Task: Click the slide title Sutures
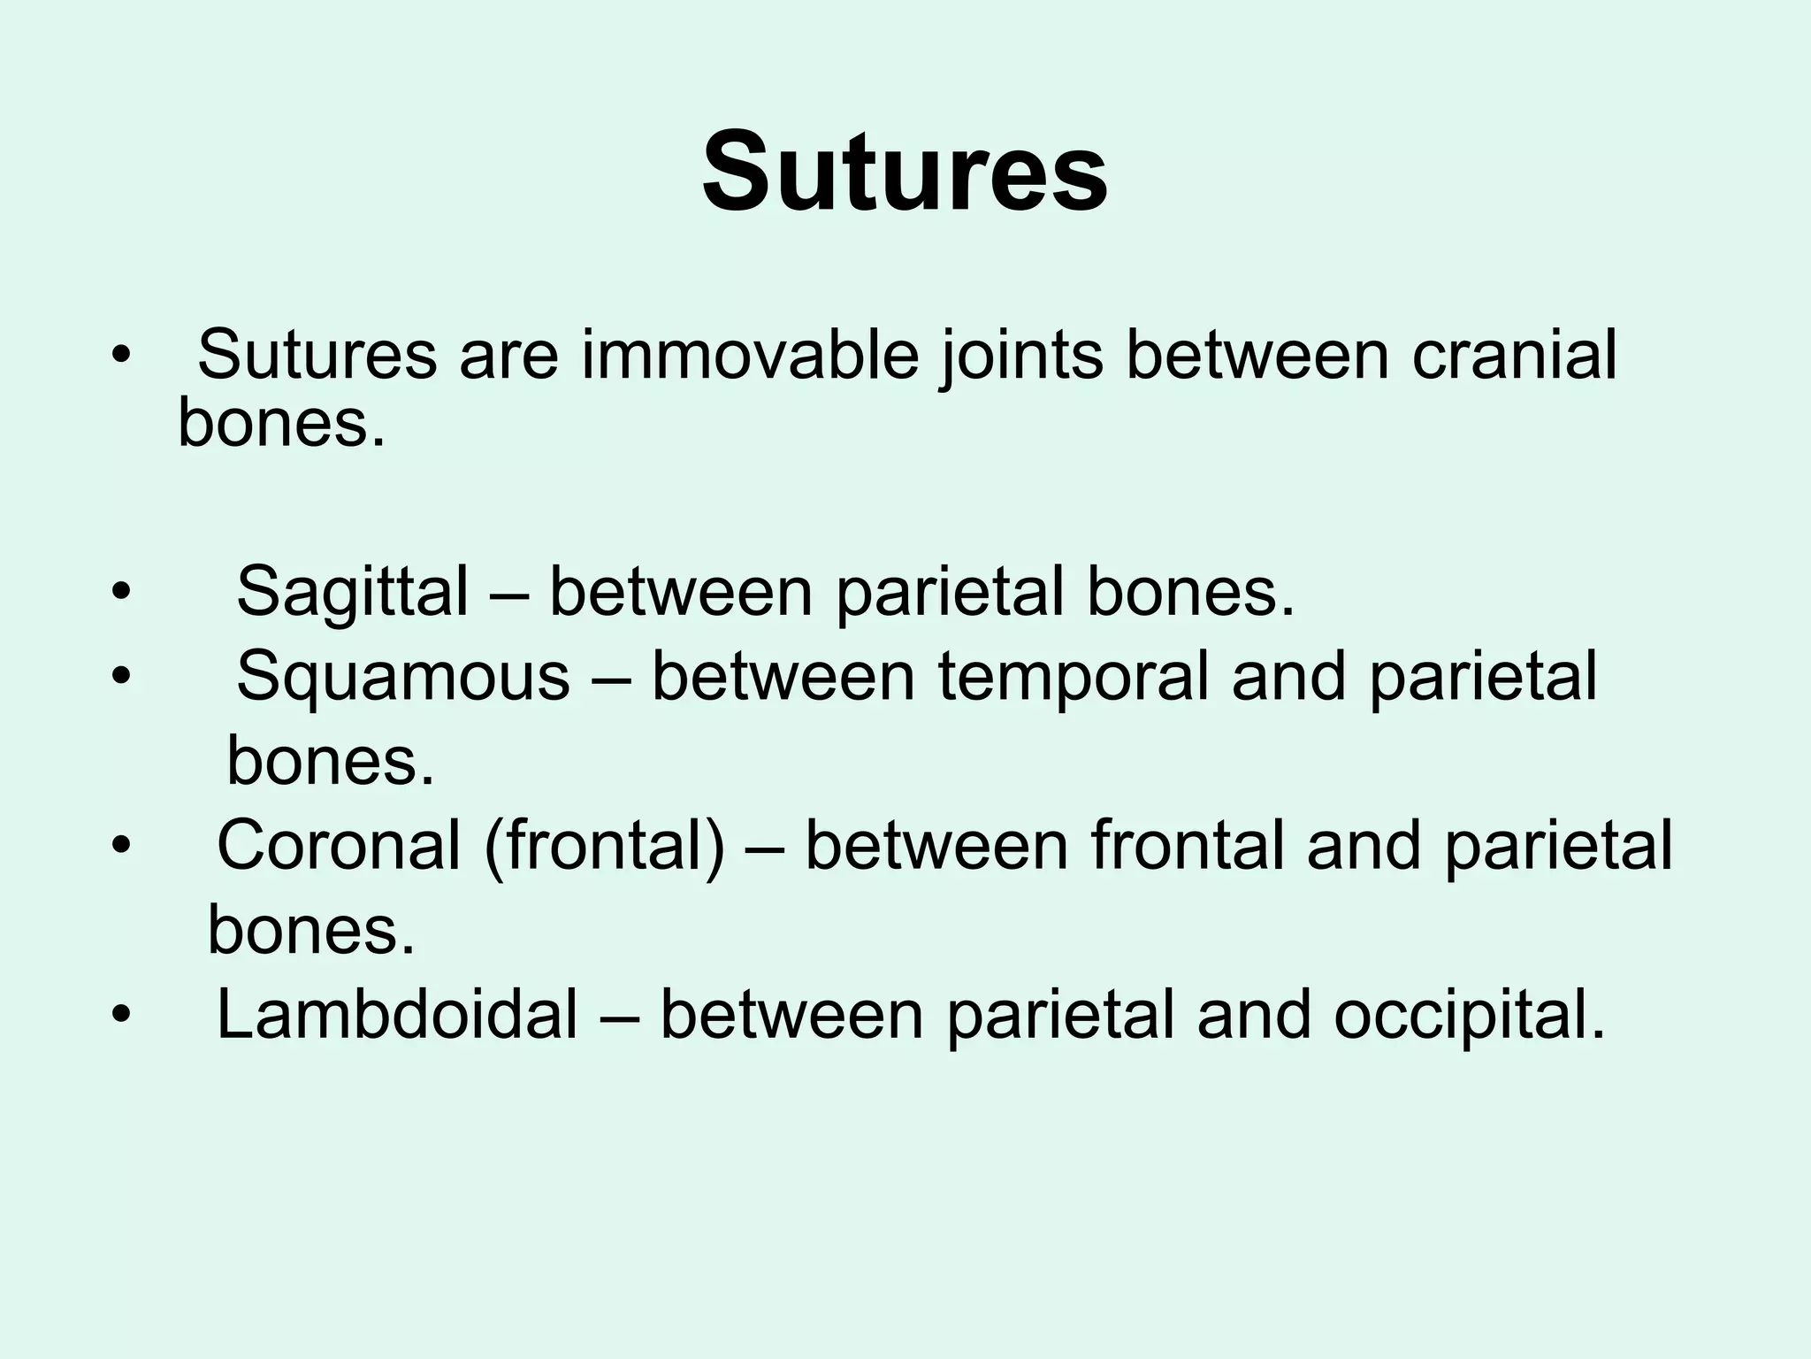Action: click(904, 172)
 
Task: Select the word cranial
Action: click(1514, 356)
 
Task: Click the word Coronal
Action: click(339, 845)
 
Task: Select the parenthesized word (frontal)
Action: click(604, 845)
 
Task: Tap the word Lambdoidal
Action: click(397, 1015)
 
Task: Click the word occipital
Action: click(1469, 1015)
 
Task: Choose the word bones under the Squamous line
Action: click(331, 761)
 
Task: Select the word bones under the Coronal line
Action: click(310, 931)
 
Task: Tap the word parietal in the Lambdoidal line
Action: click(1060, 1015)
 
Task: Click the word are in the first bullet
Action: click(508, 356)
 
